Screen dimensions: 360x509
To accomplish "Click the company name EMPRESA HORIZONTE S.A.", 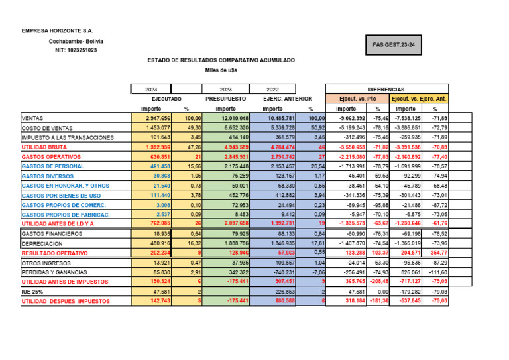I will (x=57, y=30).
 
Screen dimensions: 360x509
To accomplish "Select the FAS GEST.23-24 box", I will (x=407, y=46).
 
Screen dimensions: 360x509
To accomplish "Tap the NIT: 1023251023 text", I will (x=72, y=50).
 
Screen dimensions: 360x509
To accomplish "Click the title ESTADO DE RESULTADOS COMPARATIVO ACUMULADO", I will (x=221, y=60).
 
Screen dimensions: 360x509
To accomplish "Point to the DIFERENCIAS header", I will (x=387, y=89).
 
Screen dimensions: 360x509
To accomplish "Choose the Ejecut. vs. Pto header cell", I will (x=358, y=98).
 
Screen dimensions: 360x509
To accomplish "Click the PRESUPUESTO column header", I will (x=225, y=98).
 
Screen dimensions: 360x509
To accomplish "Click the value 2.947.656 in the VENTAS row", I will (x=158, y=118).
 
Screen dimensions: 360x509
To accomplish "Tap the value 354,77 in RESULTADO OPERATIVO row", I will (x=437, y=253).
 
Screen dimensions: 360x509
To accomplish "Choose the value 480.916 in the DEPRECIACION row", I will (x=160, y=243).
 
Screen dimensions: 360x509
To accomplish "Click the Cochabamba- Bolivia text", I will (x=76, y=41).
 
